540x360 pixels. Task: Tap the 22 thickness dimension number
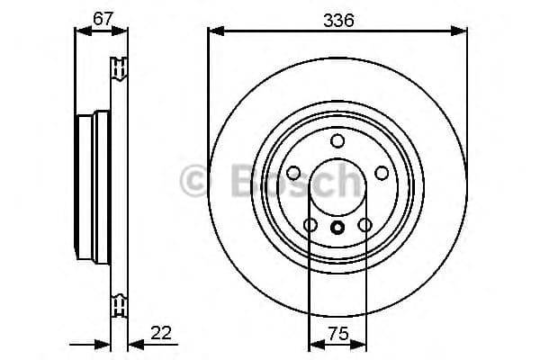(162, 332)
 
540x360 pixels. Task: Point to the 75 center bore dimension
(337, 332)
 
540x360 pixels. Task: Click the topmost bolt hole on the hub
(337, 140)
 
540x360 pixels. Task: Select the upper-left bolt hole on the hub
(293, 173)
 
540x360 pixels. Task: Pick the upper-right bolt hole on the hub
(382, 173)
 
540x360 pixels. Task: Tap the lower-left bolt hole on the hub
(310, 225)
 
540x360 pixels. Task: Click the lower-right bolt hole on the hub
(364, 225)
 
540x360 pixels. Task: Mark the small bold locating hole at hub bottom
(337, 227)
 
